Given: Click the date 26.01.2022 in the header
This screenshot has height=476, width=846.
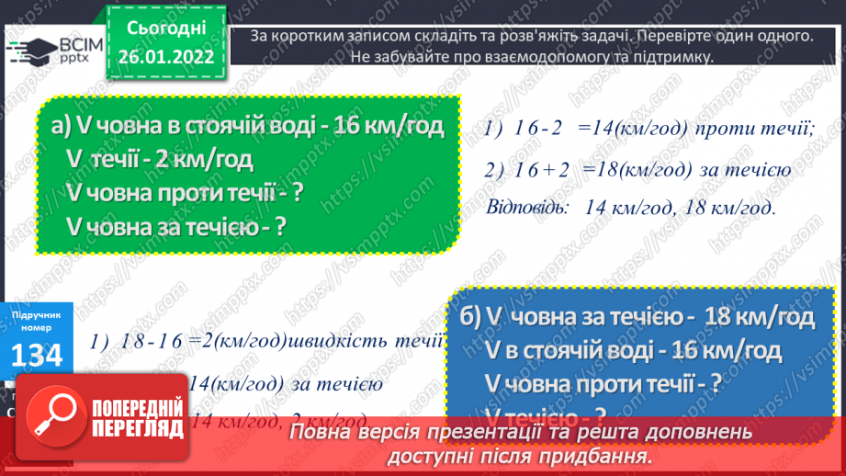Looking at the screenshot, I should (x=166, y=55).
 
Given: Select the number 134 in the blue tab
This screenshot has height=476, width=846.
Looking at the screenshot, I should (x=38, y=354).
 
